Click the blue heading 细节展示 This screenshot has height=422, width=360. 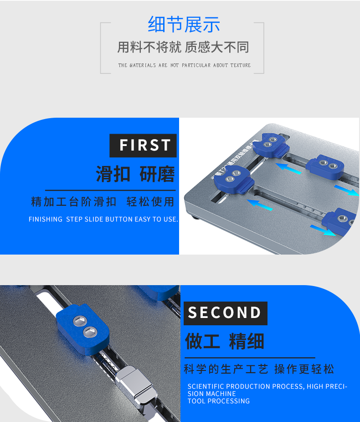[184, 24]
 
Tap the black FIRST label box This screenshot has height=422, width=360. [143, 146]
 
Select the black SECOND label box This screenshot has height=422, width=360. [225, 313]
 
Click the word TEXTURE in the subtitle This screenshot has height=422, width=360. [240, 65]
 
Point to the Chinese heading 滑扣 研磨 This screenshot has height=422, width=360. [135, 174]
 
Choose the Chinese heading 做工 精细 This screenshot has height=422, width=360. [225, 341]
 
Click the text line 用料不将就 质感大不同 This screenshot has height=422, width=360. [183, 47]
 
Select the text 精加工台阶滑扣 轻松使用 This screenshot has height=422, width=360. [103, 202]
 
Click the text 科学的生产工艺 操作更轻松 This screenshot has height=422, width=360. [259, 369]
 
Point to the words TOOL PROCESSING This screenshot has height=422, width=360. [219, 401]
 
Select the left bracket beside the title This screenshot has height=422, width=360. [102, 48]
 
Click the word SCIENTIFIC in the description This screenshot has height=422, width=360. [206, 386]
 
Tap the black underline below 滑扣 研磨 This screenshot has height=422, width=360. [110, 189]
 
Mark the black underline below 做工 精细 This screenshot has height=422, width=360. [249, 358]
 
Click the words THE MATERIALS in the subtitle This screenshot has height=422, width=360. [137, 65]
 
